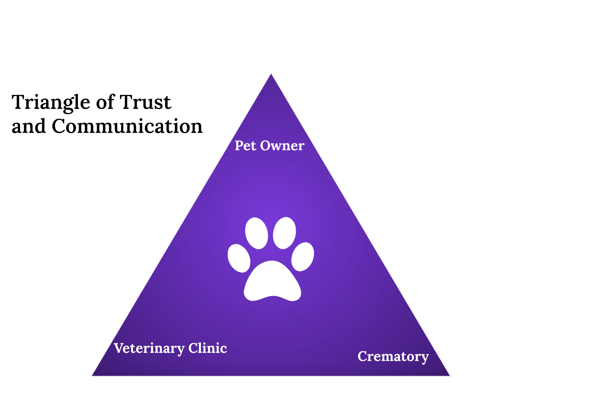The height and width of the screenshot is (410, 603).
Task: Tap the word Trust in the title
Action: [x=145, y=102]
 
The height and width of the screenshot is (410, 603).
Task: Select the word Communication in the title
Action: [x=127, y=126]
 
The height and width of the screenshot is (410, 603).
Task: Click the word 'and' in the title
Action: [x=28, y=126]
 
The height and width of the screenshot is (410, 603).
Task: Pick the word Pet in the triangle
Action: [x=245, y=146]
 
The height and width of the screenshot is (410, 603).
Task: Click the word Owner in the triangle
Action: [x=282, y=146]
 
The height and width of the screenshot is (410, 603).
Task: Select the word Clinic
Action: [x=208, y=348]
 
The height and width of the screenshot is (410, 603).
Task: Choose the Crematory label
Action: [x=393, y=356]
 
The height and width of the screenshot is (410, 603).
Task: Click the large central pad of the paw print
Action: [x=272, y=282]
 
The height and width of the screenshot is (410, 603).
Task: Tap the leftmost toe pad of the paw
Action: [x=239, y=258]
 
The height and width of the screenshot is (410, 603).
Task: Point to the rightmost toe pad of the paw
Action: [x=303, y=256]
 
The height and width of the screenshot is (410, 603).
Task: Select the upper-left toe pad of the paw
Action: [x=256, y=233]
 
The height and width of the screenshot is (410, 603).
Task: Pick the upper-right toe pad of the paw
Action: [x=284, y=233]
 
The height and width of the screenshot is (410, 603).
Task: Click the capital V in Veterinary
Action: [x=119, y=348]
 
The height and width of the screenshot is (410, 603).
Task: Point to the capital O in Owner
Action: [x=265, y=146]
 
